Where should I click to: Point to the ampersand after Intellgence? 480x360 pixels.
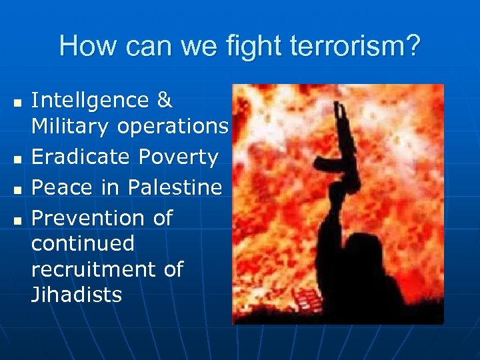click(164, 101)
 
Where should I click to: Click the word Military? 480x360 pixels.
click(71, 127)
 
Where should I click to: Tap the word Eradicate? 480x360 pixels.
click(81, 157)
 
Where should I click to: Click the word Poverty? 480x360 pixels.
click(179, 157)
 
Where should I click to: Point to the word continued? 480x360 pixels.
click(83, 243)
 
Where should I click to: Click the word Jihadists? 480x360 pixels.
click(77, 295)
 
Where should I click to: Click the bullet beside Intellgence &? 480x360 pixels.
click(17, 103)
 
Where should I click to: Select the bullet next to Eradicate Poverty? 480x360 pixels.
click(17, 159)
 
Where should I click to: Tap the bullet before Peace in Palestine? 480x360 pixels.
click(17, 189)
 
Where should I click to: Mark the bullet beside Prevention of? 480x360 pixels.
click(17, 220)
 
